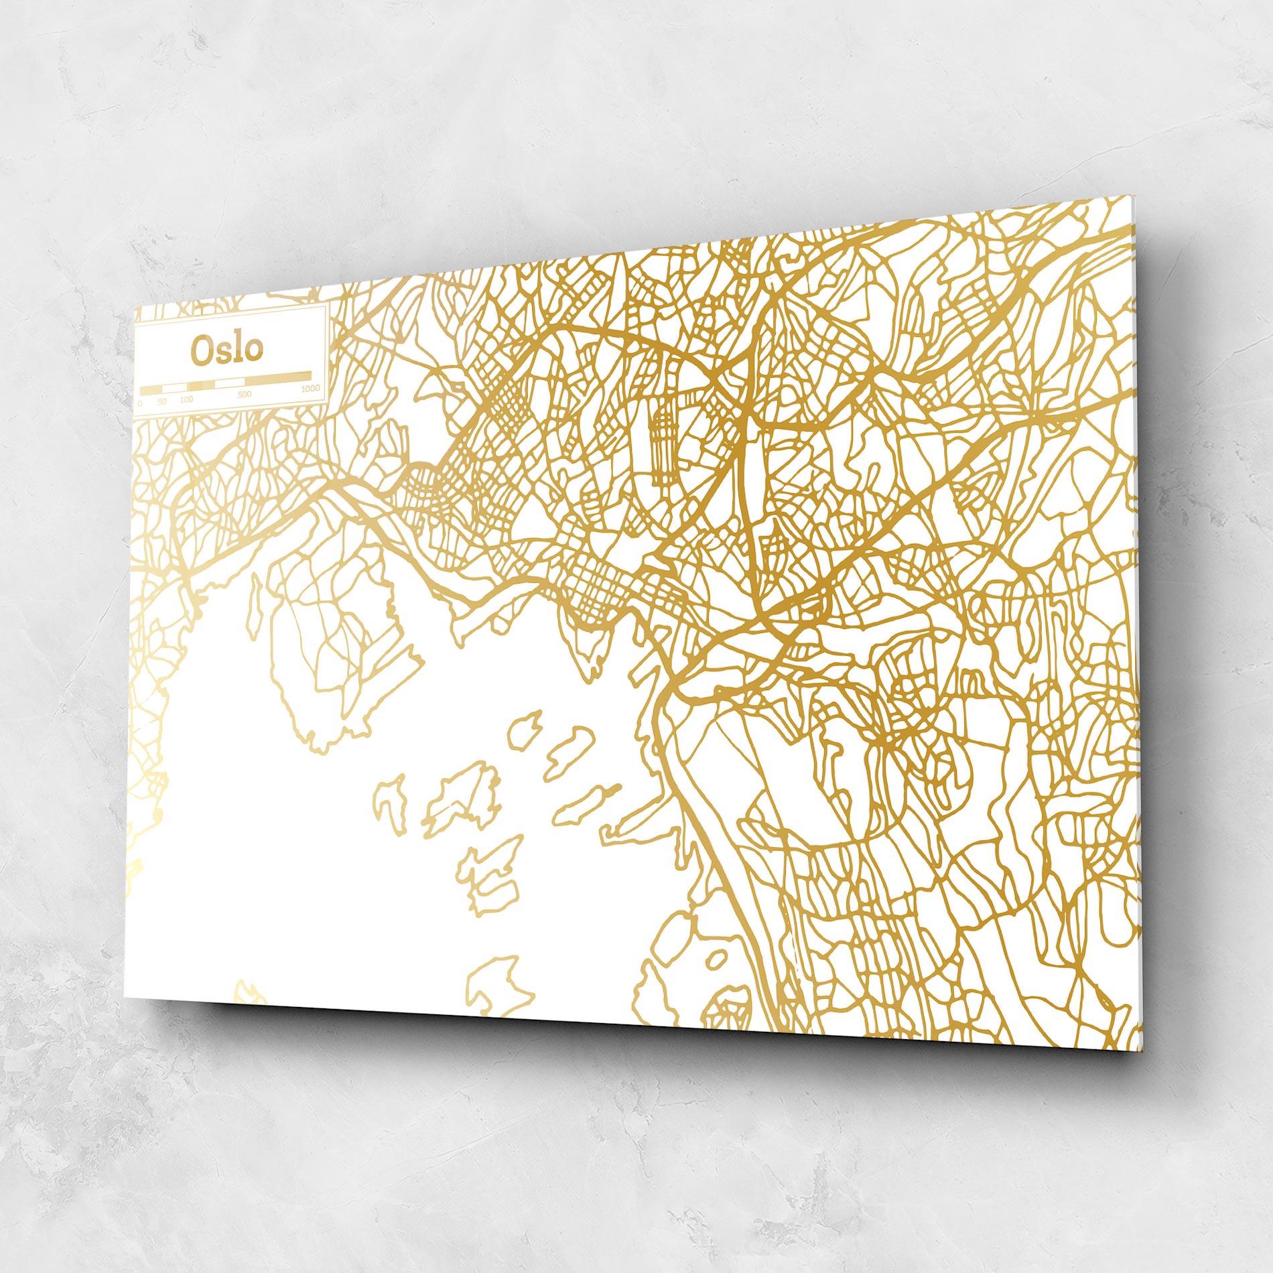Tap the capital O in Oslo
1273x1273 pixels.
coord(201,350)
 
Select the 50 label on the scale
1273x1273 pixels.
coord(162,401)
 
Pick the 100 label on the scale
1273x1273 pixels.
coord(186,399)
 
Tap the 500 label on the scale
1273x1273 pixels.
coord(244,394)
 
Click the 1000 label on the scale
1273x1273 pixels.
coord(310,389)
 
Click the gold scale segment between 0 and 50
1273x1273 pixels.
coord(151,389)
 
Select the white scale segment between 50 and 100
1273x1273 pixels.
coord(175,387)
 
